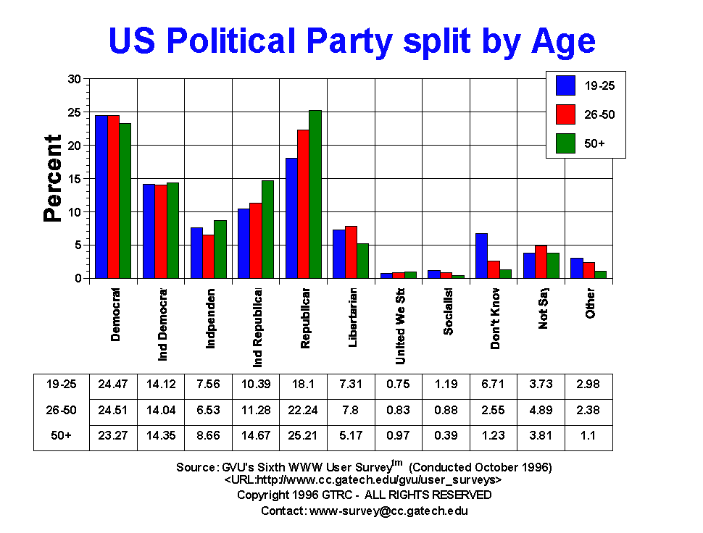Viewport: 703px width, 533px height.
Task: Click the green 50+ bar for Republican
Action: [x=315, y=194]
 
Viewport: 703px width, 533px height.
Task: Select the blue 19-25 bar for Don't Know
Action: [x=481, y=256]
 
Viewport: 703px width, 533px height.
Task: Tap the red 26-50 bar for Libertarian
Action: [x=351, y=252]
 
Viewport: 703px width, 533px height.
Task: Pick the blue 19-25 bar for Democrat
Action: [x=101, y=196]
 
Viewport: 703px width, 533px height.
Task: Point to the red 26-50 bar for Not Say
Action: [x=541, y=261]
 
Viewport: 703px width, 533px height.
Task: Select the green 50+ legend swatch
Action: [x=565, y=143]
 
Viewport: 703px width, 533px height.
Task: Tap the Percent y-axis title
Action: [x=52, y=178]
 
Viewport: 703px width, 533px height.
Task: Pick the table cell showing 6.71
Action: [x=494, y=385]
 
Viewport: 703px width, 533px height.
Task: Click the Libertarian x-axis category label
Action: [x=353, y=319]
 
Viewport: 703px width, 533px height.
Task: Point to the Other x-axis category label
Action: [x=591, y=304]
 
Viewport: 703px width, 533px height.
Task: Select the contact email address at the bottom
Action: [x=388, y=511]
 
